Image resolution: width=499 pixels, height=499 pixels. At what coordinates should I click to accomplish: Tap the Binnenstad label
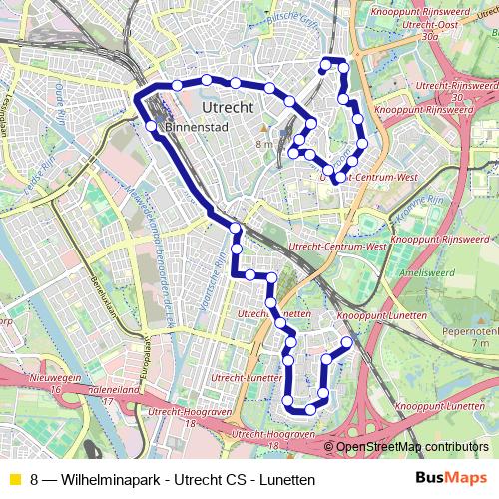tap(200, 126)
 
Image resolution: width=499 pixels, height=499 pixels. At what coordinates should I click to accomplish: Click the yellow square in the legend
tap(14, 480)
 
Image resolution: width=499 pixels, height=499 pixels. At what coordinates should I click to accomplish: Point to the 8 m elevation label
tap(264, 143)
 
